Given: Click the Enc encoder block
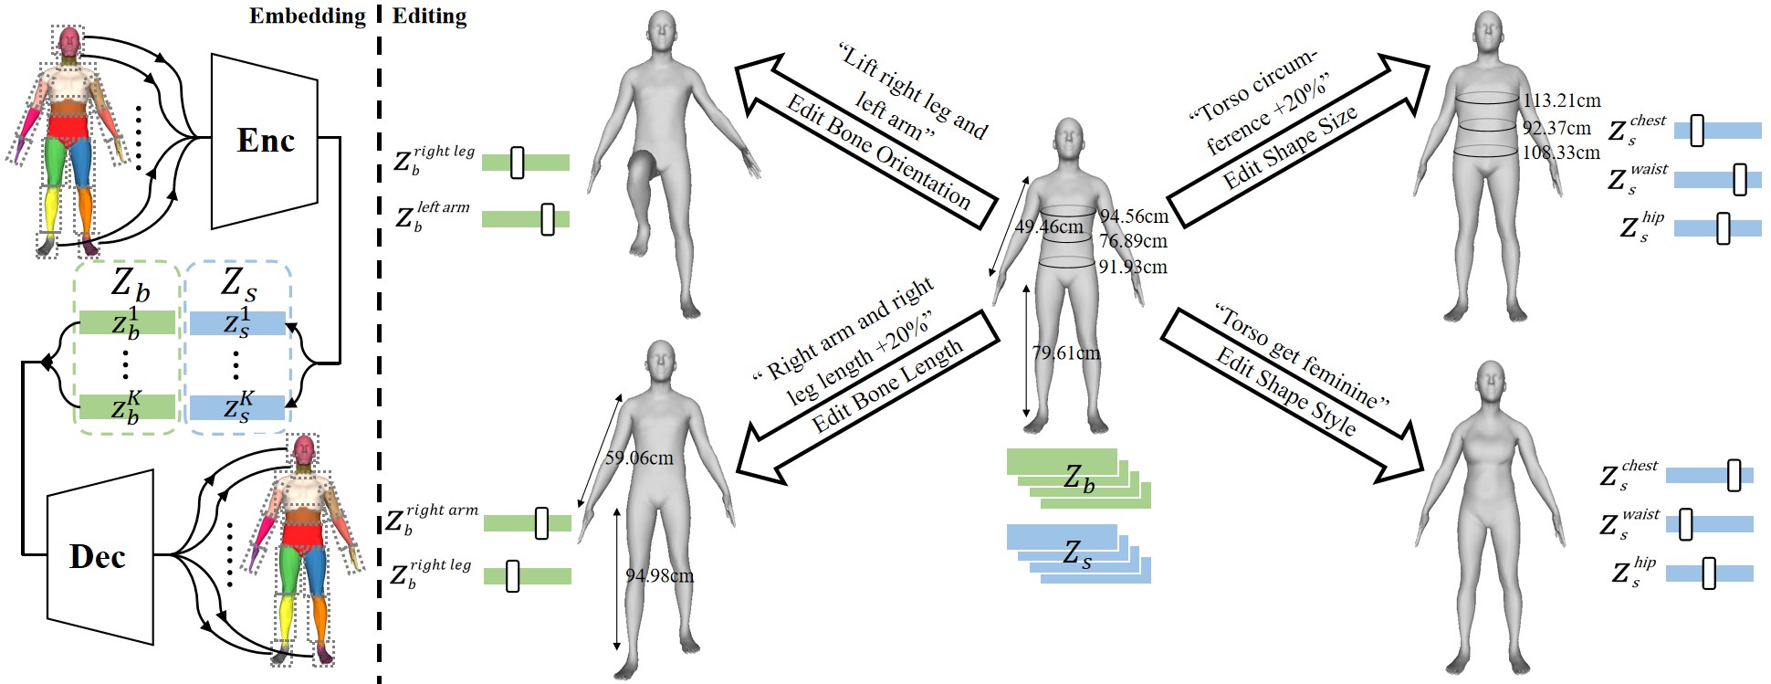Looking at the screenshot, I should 265,141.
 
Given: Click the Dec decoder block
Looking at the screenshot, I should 99,556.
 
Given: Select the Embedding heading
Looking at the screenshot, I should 307,16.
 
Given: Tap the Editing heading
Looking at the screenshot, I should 429,16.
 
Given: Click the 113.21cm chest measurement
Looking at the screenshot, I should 1561,100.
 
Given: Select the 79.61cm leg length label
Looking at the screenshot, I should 1065,353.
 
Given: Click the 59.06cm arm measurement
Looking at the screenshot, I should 639,458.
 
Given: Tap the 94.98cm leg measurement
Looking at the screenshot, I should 659,575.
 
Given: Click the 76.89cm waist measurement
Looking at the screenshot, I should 1133,241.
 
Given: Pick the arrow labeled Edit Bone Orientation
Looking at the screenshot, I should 867,146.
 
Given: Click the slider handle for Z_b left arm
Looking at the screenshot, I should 547,219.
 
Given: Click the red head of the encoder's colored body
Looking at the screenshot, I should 69,41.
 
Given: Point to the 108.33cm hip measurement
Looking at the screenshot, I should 1561,153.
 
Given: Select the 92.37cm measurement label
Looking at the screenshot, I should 1556,128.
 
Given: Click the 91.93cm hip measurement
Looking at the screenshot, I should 1133,267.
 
